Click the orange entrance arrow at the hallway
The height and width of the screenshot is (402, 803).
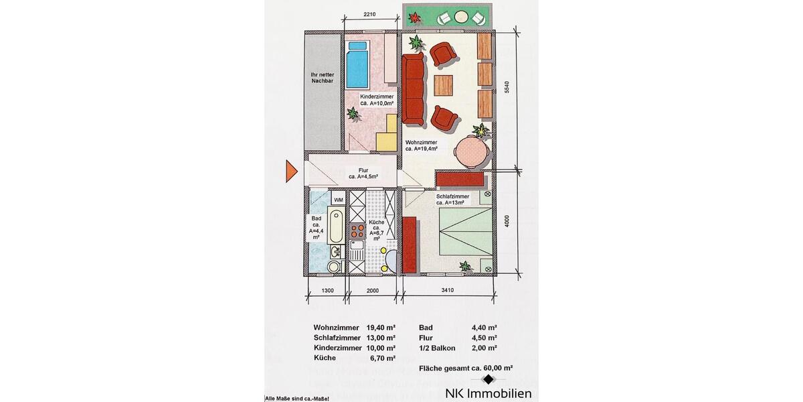click(290, 172)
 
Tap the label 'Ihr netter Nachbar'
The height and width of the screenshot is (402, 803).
click(322, 77)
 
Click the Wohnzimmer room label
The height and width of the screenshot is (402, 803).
click(422, 146)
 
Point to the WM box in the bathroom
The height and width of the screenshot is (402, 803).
click(339, 200)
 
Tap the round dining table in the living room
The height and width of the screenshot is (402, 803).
click(472, 153)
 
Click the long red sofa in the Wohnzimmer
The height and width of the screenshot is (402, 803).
click(414, 89)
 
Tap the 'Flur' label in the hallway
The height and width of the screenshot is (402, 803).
click(363, 171)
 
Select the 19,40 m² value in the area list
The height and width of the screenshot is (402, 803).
click(381, 328)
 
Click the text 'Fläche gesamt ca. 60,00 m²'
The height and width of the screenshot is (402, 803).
click(466, 368)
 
